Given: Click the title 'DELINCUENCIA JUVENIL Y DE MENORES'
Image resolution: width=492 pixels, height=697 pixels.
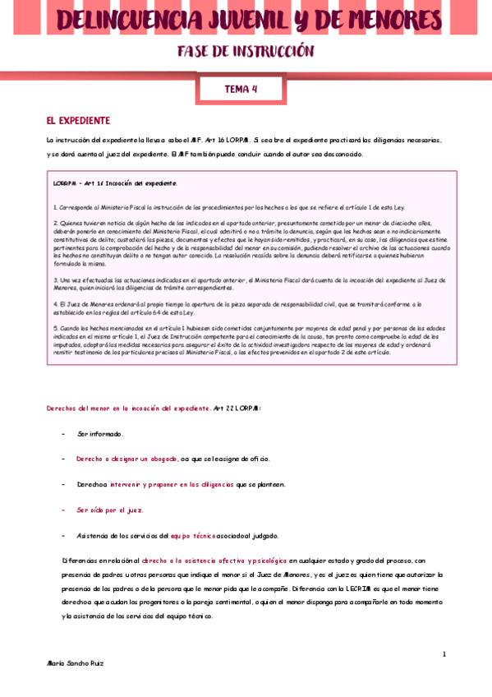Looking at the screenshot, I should [246, 20].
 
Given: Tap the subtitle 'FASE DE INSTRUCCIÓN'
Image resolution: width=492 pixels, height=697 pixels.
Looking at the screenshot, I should [246, 53].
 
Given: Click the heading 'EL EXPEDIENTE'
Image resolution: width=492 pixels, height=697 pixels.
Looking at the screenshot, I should [78, 120].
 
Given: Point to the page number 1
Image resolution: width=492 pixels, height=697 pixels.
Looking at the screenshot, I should [444, 654].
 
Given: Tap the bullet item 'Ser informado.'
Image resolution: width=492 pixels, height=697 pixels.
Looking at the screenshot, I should [99, 433].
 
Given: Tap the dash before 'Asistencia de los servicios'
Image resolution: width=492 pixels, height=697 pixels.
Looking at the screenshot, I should [64, 535].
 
